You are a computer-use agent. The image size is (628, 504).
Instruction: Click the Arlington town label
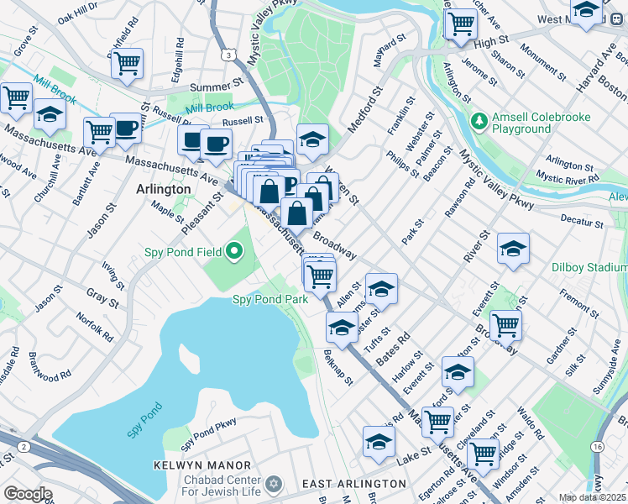click(164, 190)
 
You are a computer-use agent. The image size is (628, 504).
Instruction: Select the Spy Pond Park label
click(270, 299)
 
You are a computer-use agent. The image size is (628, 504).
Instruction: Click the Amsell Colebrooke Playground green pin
click(479, 123)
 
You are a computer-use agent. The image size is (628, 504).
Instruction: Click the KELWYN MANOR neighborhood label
click(202, 465)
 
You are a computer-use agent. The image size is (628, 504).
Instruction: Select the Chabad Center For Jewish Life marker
click(272, 484)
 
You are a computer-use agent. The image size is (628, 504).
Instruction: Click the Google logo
click(28, 494)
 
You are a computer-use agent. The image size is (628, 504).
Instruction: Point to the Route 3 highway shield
click(228, 55)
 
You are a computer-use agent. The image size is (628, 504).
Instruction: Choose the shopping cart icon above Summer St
click(127, 64)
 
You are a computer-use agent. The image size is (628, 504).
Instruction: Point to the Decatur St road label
click(584, 223)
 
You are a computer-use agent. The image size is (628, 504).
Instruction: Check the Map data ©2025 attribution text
click(592, 497)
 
